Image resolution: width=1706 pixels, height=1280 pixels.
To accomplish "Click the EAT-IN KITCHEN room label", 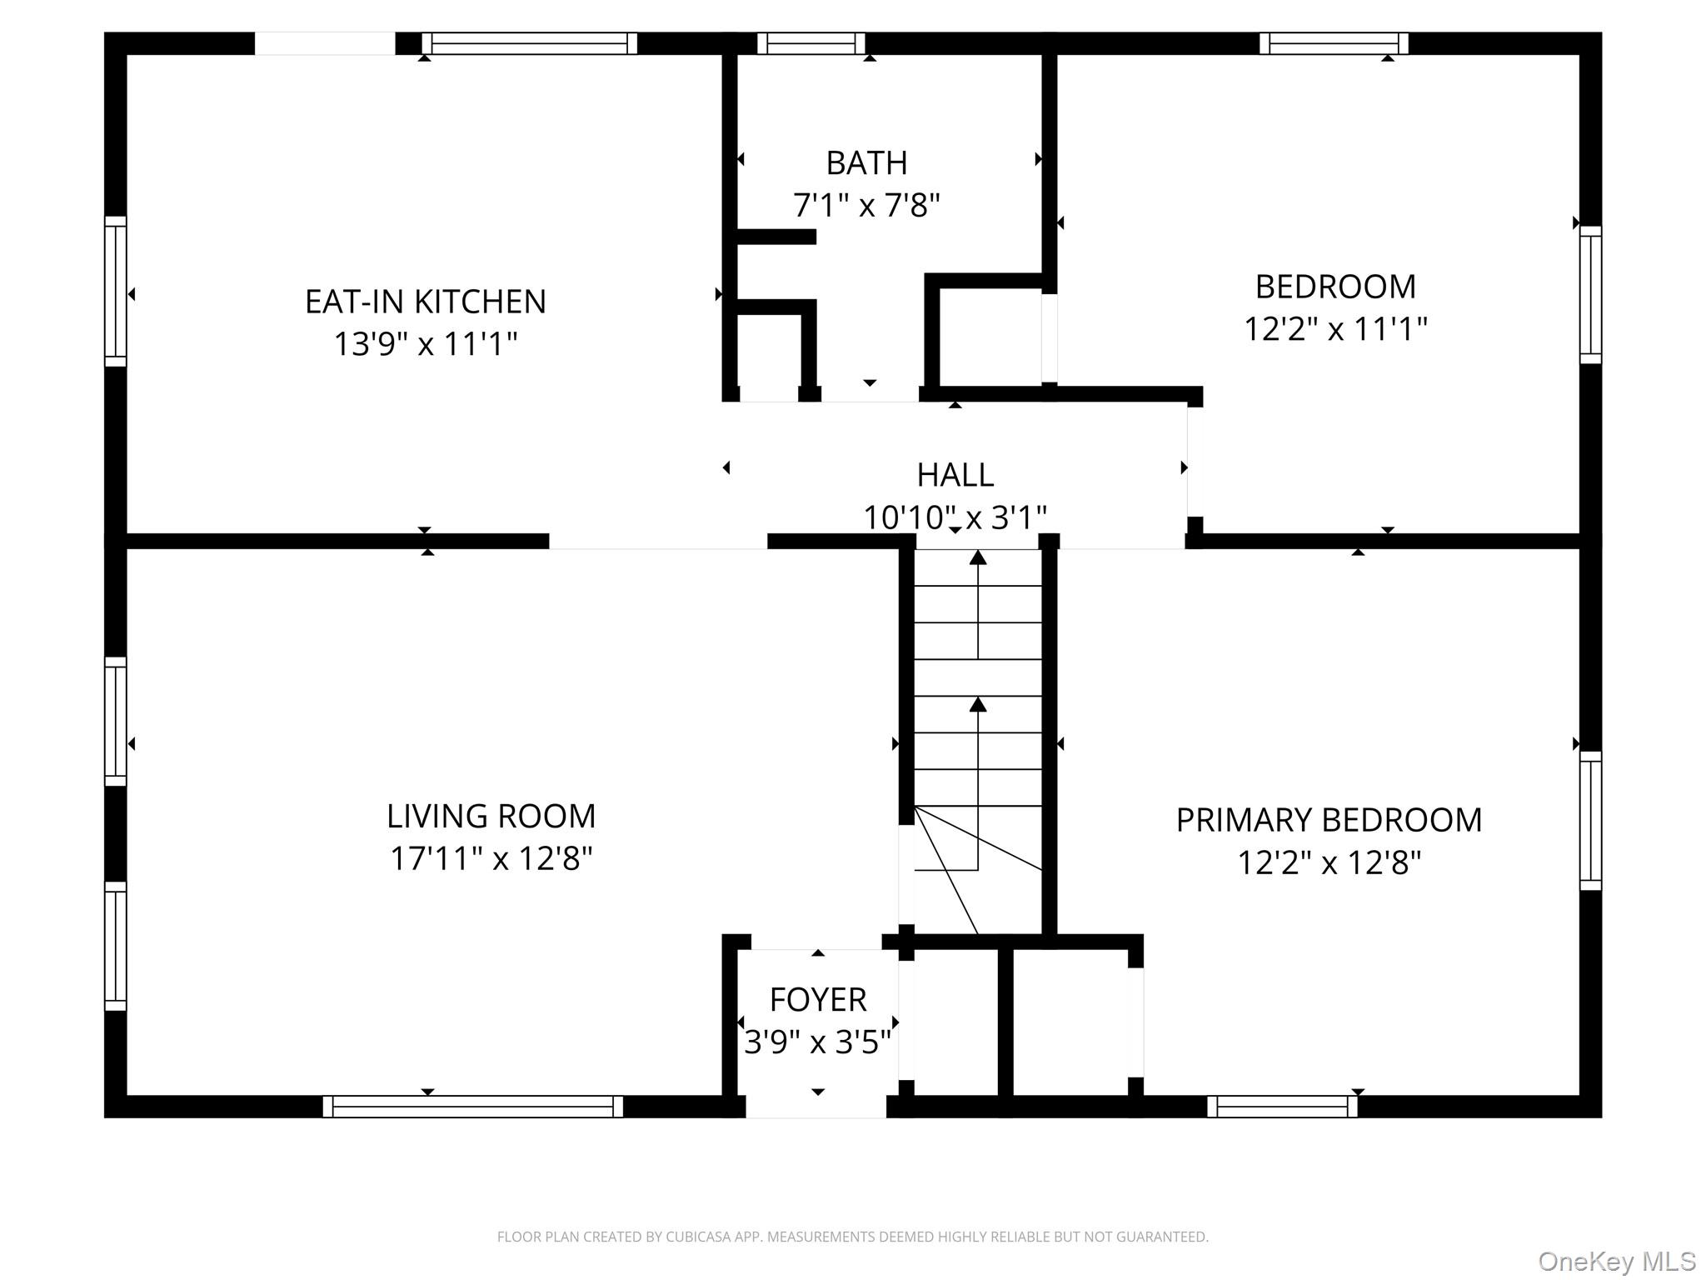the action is click(425, 302).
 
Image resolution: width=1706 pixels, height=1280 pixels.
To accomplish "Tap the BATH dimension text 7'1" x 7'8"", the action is click(866, 205).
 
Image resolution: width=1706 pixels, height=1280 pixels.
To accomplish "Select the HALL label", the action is click(955, 475).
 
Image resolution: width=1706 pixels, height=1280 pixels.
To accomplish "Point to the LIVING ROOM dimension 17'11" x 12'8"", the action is click(491, 858).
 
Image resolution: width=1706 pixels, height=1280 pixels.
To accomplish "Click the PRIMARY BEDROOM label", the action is click(1329, 820).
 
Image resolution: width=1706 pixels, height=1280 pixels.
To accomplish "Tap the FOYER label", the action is click(818, 999).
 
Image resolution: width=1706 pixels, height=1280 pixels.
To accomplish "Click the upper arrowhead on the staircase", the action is click(978, 557).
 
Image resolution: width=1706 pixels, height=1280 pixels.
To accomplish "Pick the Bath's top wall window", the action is click(811, 43).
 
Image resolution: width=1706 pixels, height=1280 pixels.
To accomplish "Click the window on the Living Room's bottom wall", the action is click(472, 1106).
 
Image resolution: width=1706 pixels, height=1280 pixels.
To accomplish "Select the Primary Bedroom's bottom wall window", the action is click(1282, 1106).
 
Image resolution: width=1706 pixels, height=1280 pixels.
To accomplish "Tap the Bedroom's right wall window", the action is click(1591, 294).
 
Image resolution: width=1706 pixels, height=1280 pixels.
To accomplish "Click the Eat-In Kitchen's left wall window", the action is click(116, 291).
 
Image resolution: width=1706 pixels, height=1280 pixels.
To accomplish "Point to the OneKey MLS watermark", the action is click(1616, 1262).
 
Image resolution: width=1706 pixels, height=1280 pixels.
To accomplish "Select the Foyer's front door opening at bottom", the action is click(816, 1106).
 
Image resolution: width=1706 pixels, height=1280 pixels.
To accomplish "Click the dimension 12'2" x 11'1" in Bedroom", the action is click(1335, 329).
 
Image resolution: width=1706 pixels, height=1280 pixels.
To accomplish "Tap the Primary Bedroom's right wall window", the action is click(1591, 821).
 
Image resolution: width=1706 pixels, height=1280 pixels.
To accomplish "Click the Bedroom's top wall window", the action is click(1334, 43).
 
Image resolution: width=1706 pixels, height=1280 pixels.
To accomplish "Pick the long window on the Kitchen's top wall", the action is click(529, 43).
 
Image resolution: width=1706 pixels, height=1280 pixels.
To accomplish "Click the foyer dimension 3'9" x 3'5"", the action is click(817, 1042).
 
